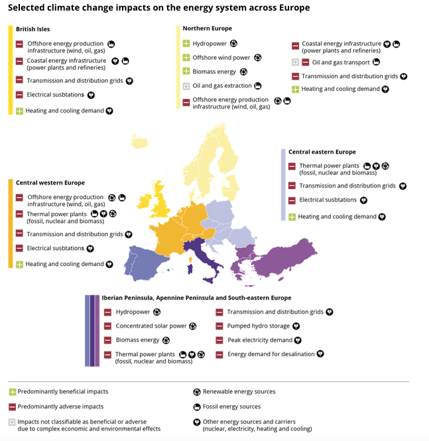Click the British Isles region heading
point(32,29)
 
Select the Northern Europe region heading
point(207,29)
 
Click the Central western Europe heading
point(50,182)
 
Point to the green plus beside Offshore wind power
point(186,58)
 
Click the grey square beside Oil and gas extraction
point(186,86)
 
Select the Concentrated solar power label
point(151,326)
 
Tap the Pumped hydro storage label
point(258,326)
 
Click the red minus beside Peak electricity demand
point(219,340)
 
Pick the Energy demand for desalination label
point(271,354)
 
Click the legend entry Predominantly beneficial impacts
point(62,392)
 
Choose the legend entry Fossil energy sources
point(231,407)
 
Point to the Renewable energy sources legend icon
point(197,392)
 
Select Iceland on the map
point(139,143)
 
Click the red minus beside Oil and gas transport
point(306,62)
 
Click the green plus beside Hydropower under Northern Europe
point(186,44)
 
